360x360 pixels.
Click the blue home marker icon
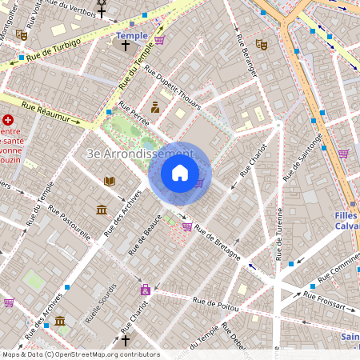point(180,173)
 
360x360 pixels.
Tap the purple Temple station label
point(132,36)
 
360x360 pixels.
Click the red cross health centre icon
point(8,119)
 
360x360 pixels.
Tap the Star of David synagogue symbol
point(102,3)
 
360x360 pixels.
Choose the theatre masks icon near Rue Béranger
point(260,43)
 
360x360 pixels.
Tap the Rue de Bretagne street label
point(218,245)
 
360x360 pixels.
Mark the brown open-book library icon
point(109,181)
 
